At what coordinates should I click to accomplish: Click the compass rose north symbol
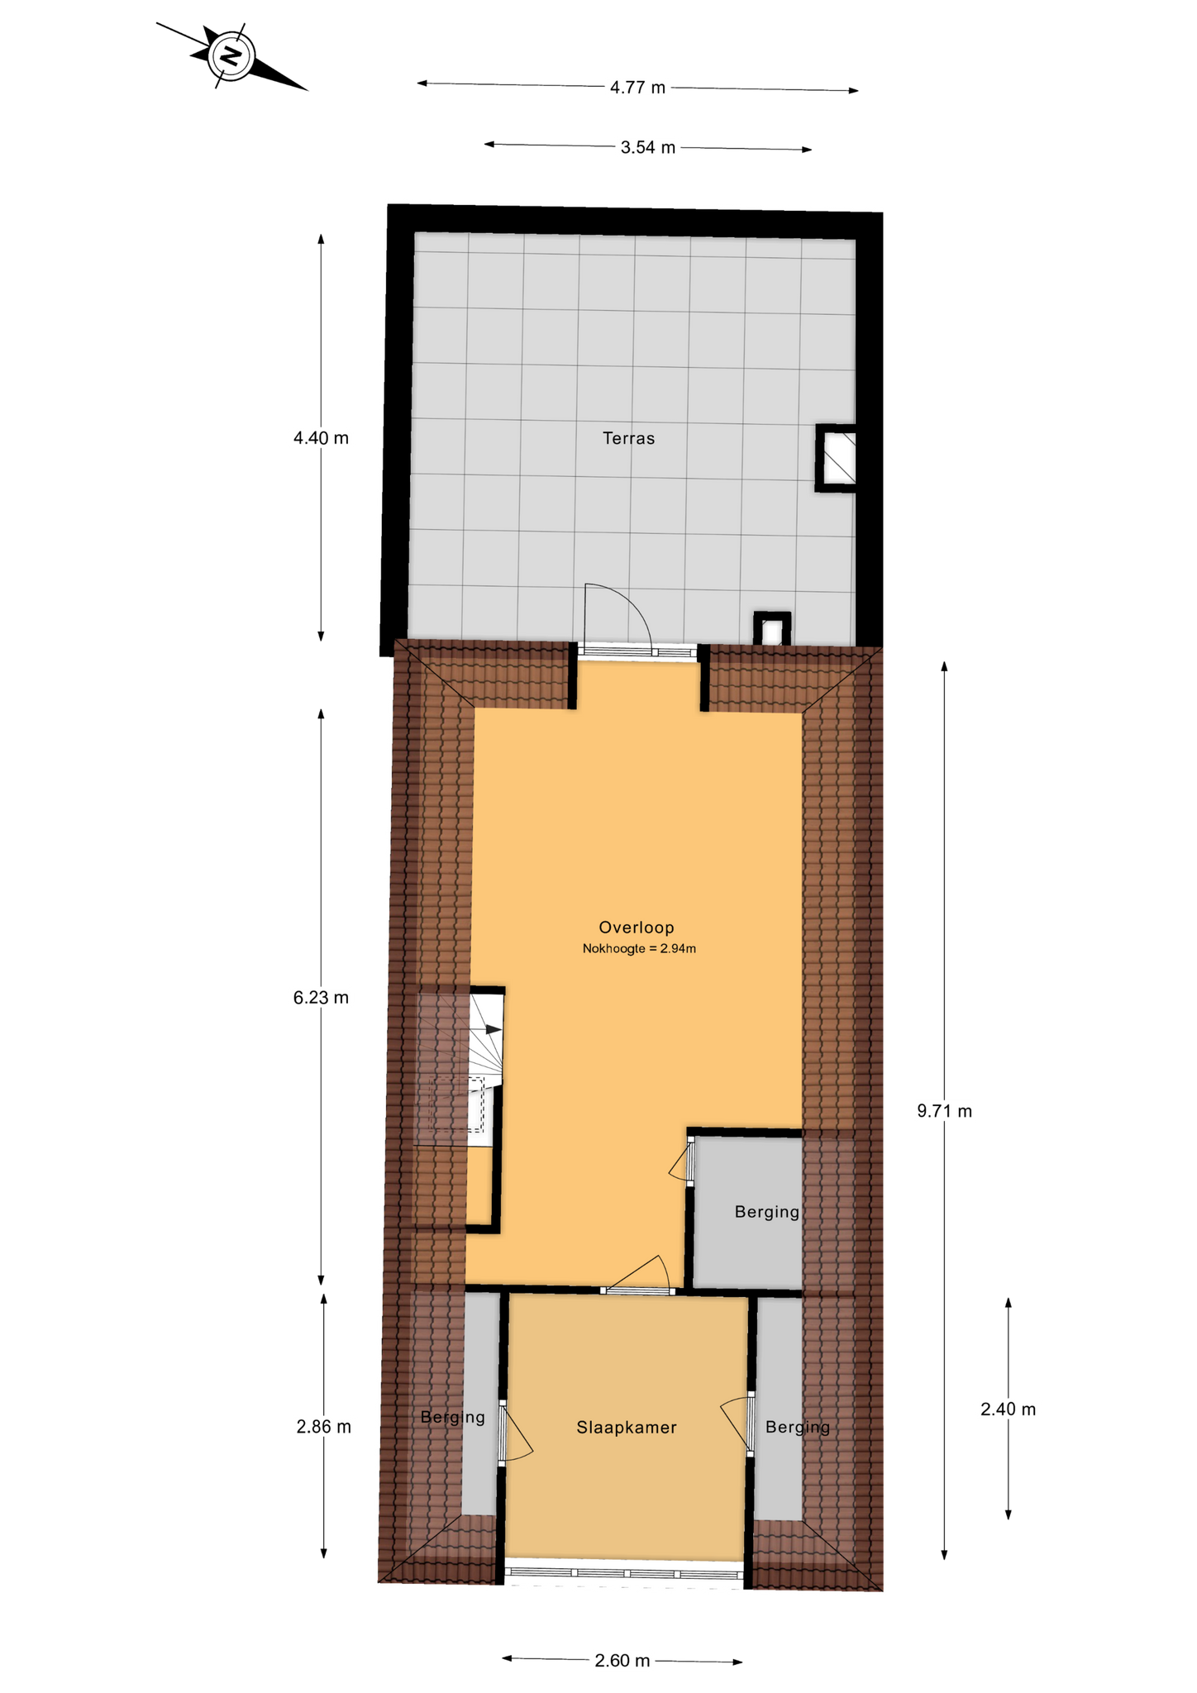232,56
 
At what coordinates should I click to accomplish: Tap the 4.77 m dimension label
637,88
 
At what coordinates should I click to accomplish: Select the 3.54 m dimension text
648,147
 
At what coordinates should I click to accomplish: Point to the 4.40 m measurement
321,438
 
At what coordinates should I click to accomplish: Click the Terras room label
628,438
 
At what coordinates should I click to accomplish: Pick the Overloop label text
637,928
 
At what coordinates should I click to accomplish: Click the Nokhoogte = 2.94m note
639,949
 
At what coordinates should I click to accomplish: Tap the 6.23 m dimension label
321,998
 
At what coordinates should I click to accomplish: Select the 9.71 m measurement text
944,1111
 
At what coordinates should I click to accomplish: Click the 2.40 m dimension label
1008,1409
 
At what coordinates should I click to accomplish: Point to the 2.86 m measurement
323,1427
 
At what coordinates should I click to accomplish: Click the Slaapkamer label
627,1428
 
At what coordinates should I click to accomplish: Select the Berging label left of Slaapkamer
452,1418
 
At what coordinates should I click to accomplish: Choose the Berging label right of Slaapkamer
798,1428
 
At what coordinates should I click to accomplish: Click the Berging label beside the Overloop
767,1213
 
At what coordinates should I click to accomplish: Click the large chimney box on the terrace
836,458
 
